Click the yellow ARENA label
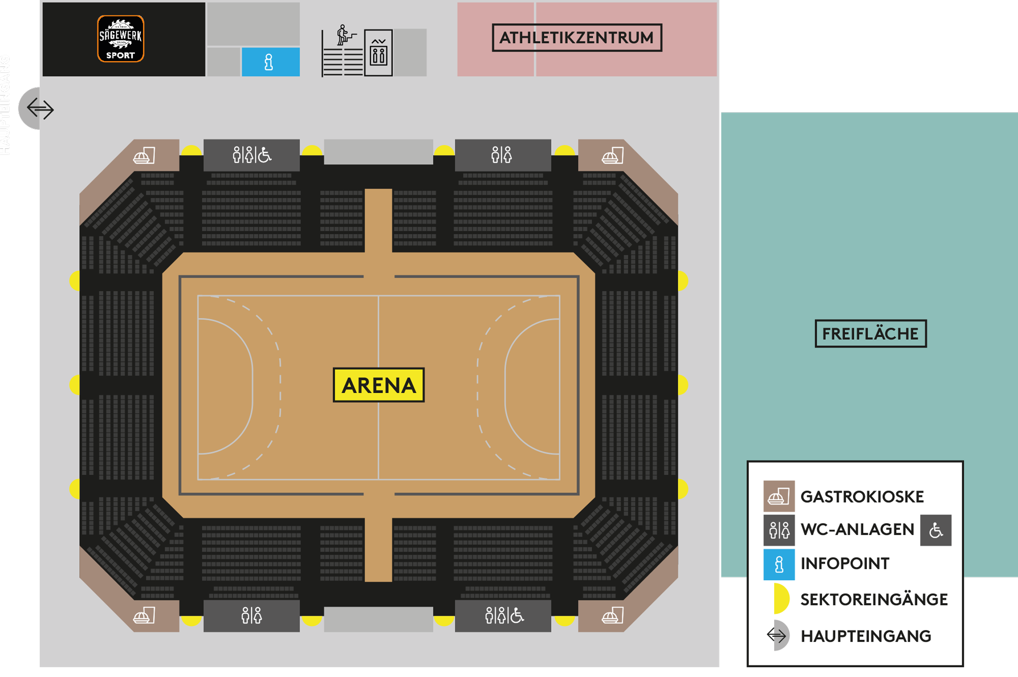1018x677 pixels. pyautogui.click(x=378, y=385)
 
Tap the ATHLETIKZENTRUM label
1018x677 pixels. pyautogui.click(x=576, y=38)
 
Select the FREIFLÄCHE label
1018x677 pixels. pyautogui.click(x=870, y=334)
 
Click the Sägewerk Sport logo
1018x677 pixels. pyautogui.click(x=120, y=39)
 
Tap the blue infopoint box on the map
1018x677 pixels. pyautogui.click(x=270, y=62)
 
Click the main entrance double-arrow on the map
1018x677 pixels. pyautogui.click(x=40, y=109)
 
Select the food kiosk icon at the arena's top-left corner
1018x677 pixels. pyautogui.click(x=144, y=156)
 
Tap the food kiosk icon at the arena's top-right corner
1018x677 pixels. pyautogui.click(x=613, y=156)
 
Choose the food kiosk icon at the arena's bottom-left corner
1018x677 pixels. pyautogui.click(x=144, y=615)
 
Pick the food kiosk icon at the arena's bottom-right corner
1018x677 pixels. pyautogui.click(x=613, y=615)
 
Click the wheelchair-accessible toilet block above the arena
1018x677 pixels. pyautogui.click(x=252, y=155)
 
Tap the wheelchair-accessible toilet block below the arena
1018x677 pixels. pyautogui.click(x=503, y=615)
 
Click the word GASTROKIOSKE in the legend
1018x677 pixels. pyautogui.click(x=862, y=497)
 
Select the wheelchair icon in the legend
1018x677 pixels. pyautogui.click(x=935, y=530)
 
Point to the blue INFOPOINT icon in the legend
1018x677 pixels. pyautogui.click(x=779, y=564)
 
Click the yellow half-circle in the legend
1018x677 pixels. pyautogui.click(x=781, y=599)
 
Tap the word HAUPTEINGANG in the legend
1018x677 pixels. pyautogui.click(x=866, y=636)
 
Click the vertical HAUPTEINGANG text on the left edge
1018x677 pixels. pyautogui.click(x=5, y=105)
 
